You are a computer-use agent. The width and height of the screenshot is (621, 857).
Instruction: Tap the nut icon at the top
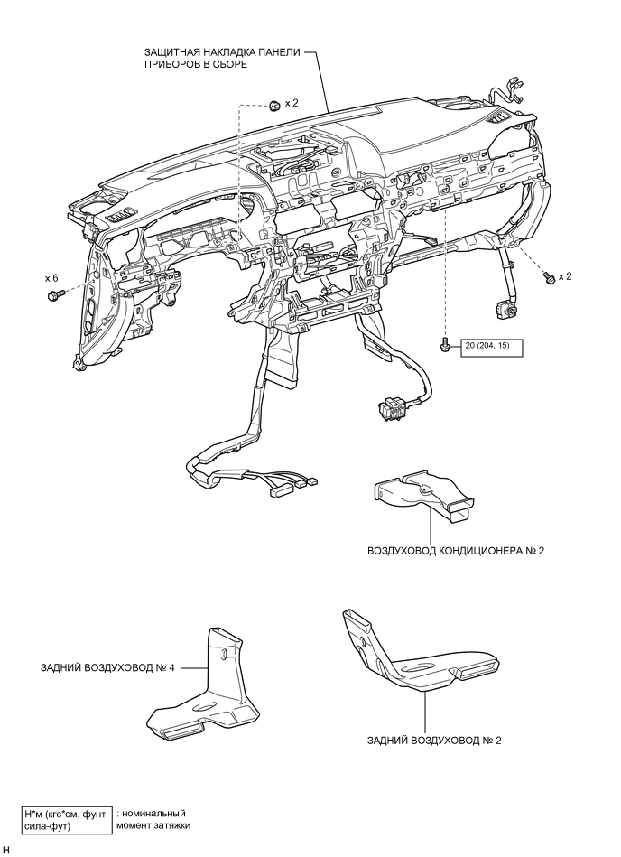[x=273, y=106]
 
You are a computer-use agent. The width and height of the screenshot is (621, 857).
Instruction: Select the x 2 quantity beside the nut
[x=292, y=104]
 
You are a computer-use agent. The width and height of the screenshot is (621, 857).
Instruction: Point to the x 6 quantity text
[x=51, y=279]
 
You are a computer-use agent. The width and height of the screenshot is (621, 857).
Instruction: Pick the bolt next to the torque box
[x=445, y=344]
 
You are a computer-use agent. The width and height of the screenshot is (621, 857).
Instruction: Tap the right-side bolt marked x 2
[x=549, y=278]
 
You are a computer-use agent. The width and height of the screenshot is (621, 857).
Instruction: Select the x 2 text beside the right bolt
[x=566, y=276]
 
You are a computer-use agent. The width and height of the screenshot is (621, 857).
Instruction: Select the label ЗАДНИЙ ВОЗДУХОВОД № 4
[x=107, y=669]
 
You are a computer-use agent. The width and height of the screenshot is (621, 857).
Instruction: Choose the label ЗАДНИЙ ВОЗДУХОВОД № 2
[x=434, y=740]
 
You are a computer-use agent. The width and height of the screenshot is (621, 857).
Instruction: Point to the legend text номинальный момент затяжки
[x=154, y=819]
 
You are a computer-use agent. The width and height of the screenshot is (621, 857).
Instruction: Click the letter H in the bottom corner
[x=6, y=850]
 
